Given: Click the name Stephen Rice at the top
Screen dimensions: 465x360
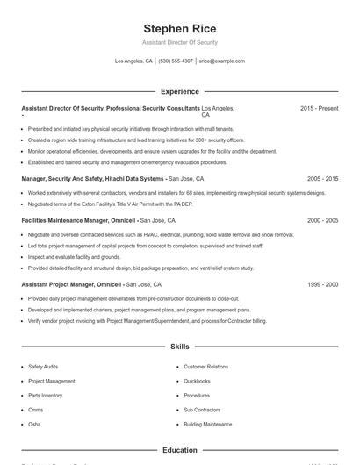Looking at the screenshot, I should [x=179, y=29].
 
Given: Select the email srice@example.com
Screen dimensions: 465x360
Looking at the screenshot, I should [x=221, y=61].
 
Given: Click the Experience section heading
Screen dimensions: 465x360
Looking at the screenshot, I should [x=180, y=91].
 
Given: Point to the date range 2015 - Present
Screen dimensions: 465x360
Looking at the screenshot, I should [x=319, y=108].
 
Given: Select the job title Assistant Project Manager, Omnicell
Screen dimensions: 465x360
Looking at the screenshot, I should [x=72, y=284].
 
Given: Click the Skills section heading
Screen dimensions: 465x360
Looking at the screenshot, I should [x=180, y=347].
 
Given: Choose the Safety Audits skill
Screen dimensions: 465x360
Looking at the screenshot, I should [x=45, y=367].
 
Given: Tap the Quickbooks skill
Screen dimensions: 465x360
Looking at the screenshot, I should [x=197, y=382].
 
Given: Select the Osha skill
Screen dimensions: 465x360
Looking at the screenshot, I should [x=34, y=424].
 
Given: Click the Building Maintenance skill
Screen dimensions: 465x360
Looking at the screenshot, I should [x=208, y=424].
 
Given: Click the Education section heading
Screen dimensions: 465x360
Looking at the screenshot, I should [x=180, y=450].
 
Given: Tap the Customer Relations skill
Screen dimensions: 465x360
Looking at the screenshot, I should [x=205, y=367].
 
